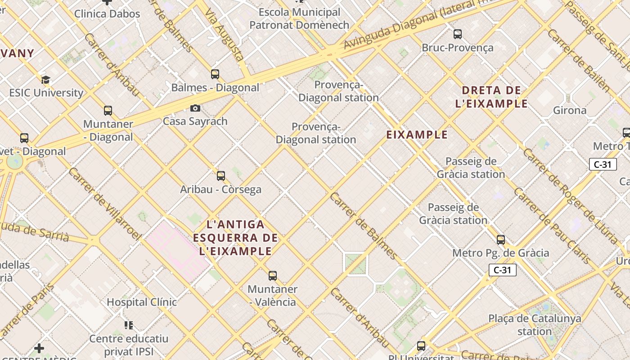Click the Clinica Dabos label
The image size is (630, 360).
tap(107, 14)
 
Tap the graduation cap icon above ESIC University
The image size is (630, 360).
tap(45, 80)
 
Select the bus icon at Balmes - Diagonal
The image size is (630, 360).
tap(215, 74)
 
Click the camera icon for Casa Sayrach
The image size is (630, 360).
tap(195, 108)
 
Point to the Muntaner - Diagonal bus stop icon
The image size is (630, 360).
tap(108, 111)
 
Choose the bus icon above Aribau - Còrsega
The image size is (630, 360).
tap(221, 176)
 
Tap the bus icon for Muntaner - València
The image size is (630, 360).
tap(272, 276)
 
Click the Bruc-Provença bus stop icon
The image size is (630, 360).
tap(458, 34)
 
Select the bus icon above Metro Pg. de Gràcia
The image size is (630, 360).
tap(501, 240)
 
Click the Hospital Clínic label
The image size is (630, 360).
tap(142, 302)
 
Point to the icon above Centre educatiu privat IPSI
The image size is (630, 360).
tap(129, 325)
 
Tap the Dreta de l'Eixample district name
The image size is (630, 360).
tap(491, 97)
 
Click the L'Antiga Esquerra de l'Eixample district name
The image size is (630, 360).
tap(235, 238)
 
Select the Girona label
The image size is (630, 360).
tap(570, 110)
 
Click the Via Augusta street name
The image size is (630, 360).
tap(224, 34)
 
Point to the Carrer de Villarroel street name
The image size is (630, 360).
tap(104, 204)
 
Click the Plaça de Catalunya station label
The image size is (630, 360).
tap(535, 325)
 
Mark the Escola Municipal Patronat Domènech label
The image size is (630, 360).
tap(299, 19)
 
